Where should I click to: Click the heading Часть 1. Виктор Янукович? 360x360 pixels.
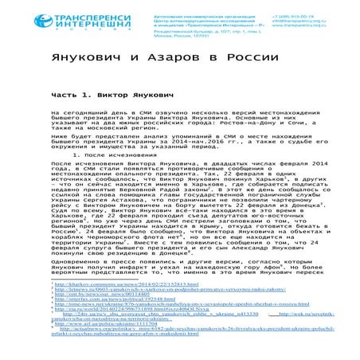pos(112,96)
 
